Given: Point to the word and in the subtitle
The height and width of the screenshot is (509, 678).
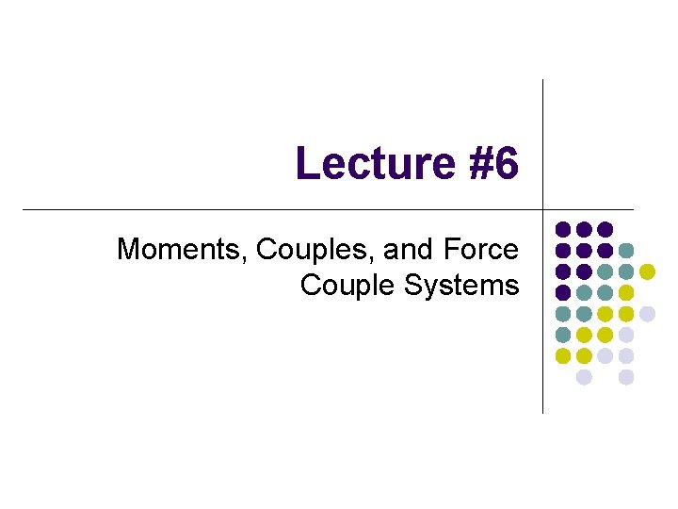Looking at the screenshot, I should (406, 250).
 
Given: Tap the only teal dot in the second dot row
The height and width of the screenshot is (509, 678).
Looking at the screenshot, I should (626, 250).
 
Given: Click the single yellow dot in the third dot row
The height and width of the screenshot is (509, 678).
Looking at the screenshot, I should (647, 271).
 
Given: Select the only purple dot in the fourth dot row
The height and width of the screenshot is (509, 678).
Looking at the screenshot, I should (562, 292).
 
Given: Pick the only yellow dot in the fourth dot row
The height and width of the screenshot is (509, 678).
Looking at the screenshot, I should (626, 292).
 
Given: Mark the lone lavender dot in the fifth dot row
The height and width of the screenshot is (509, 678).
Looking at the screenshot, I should (647, 314).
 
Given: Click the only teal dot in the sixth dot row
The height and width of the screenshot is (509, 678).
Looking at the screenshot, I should (562, 335).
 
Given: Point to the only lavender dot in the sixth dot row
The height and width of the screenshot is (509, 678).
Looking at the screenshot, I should (626, 335).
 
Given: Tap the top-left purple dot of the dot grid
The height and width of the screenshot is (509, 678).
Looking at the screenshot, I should (562, 229).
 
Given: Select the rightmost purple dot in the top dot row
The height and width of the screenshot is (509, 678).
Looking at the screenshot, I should (605, 229).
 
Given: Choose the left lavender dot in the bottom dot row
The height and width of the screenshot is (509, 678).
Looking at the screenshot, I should (584, 377).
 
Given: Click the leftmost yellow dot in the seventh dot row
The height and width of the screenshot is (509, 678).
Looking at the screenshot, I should (562, 356).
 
